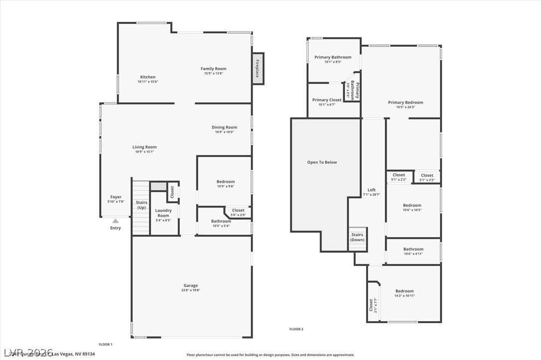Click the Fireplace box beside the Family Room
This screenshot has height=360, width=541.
coord(258,69)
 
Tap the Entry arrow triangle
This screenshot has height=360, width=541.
coord(116,221)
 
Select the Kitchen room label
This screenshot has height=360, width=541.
coord(147,77)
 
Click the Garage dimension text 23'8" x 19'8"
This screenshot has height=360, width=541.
coord(191,291)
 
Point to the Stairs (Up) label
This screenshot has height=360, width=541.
coord(142,205)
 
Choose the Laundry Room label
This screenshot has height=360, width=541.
coord(163,213)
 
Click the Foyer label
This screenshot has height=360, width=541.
coord(116,197)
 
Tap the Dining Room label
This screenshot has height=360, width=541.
coord(224,127)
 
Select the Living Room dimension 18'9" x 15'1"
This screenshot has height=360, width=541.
coord(144,152)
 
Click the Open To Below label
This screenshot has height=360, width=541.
coord(322,162)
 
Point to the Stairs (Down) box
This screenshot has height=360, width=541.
coord(357,238)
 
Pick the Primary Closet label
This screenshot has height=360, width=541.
coord(327,100)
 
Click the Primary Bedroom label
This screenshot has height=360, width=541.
coord(406,103)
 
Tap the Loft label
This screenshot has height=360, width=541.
coord(372,190)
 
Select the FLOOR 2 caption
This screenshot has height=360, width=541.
coord(296,329)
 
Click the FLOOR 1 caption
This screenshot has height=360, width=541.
coord(106,345)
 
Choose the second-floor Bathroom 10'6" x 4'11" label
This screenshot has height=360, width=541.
coord(413,249)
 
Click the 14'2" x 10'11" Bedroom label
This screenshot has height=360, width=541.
coord(405,291)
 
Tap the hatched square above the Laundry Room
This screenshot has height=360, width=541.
coord(158,186)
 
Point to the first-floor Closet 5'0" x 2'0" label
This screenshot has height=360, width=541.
coord(238,211)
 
